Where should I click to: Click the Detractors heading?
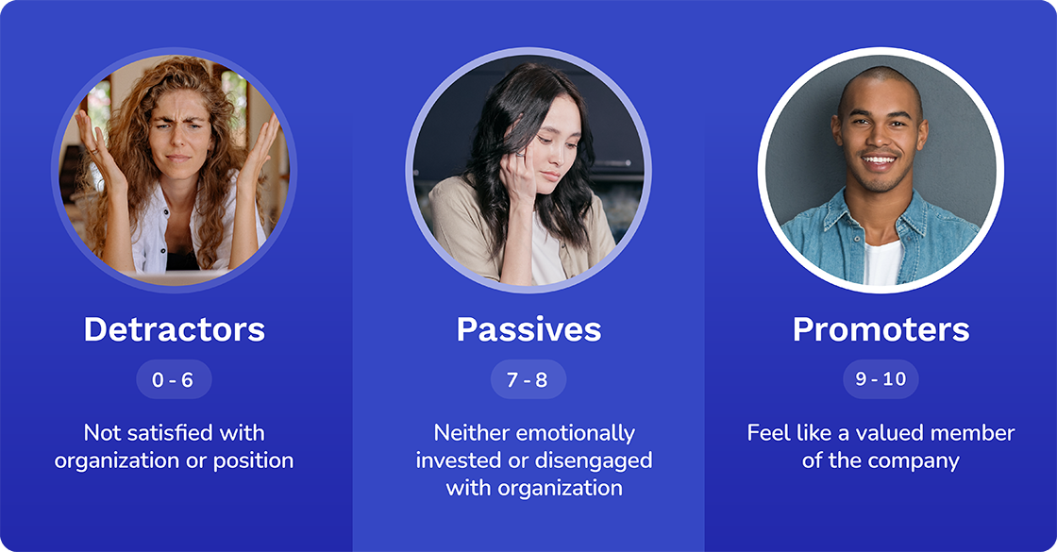point(174,329)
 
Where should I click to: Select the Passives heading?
point(528,329)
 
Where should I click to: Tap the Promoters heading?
point(881,329)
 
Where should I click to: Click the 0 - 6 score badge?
point(174,379)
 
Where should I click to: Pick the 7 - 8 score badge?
point(528,379)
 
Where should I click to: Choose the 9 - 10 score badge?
point(881,379)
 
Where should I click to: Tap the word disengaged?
point(593,460)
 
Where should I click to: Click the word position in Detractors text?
point(255,460)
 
